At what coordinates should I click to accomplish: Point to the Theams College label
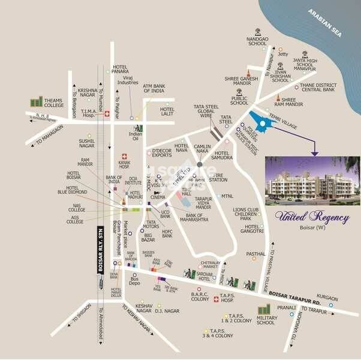[54, 103]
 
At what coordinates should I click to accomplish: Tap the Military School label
[266, 319]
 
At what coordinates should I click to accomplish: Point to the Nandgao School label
[257, 40]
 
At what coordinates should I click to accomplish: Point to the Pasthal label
[255, 253]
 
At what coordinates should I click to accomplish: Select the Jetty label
[283, 55]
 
